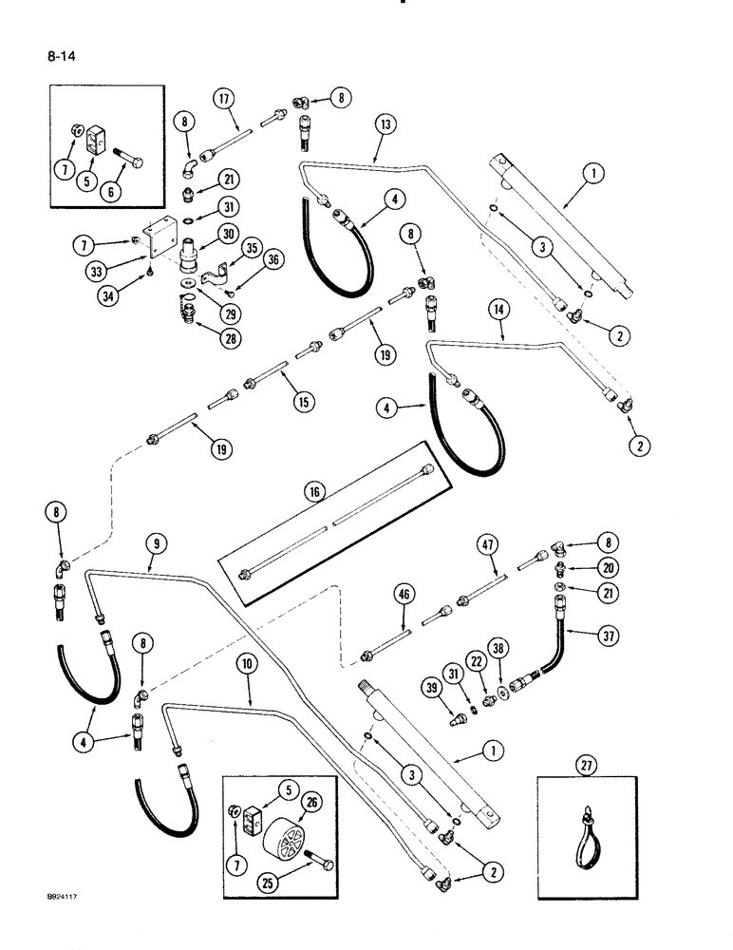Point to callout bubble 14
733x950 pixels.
click(499, 308)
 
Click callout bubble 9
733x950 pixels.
click(155, 543)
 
